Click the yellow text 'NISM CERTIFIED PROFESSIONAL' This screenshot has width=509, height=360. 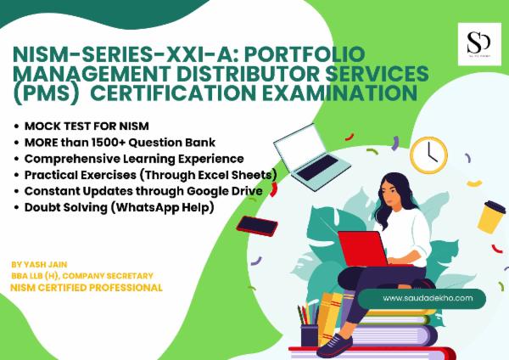pos(87,288)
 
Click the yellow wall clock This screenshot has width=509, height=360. pos(434,152)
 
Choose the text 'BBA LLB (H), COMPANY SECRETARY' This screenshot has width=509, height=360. pos(81,276)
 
